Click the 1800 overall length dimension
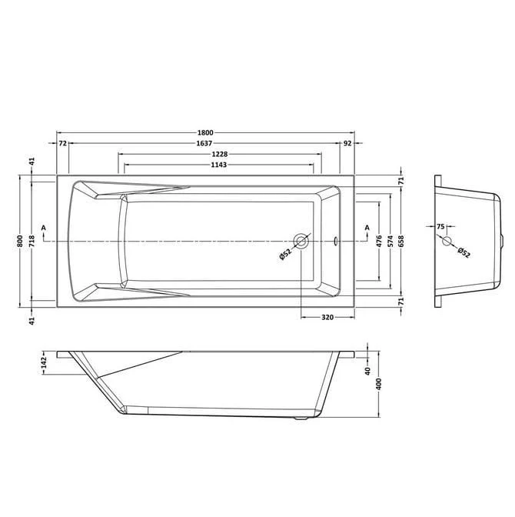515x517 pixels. coord(204,132)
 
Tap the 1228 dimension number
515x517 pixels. coord(218,154)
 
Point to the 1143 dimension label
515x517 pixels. coord(218,165)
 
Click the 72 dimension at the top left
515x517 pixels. coord(62,143)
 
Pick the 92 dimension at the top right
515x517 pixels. coord(347,143)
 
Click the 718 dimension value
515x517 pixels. coord(32,240)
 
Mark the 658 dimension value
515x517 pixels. coord(400,240)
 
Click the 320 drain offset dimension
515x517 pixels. coord(326,317)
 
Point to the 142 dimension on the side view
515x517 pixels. coord(45,362)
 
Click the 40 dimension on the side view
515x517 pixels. coord(367,371)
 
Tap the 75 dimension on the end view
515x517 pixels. coord(440,226)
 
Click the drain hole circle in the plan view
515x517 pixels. coord(301,242)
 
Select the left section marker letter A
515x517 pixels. coord(44,227)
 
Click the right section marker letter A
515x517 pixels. coord(367,227)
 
